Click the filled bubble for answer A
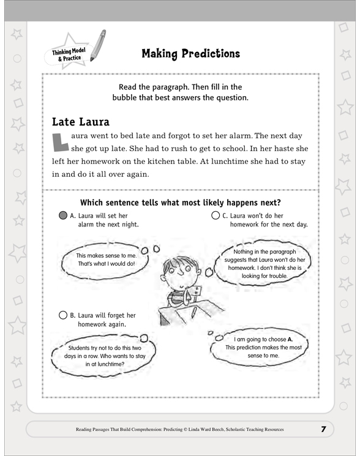click(x=63, y=215)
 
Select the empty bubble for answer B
click(x=63, y=316)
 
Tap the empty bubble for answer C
click(x=215, y=215)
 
